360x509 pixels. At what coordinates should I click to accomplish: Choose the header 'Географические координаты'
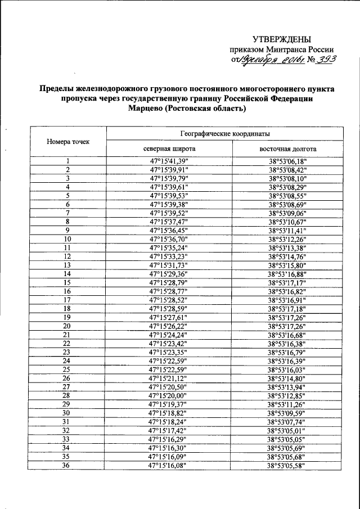click(x=224, y=134)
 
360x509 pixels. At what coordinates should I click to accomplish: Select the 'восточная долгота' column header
click(x=287, y=150)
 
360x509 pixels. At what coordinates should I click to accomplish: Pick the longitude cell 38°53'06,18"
click(x=287, y=161)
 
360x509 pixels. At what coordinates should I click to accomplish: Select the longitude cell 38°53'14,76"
click(x=287, y=256)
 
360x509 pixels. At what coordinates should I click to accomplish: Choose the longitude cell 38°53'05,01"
click(x=287, y=431)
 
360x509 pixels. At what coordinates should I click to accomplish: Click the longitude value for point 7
click(x=287, y=213)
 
